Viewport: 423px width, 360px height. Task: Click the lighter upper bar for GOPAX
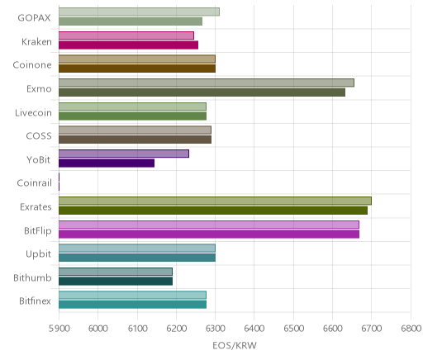pos(139,12)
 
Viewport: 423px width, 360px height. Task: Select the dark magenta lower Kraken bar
pos(128,45)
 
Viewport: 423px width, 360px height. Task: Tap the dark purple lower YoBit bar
pos(107,163)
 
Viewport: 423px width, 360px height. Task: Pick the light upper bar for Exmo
pos(207,83)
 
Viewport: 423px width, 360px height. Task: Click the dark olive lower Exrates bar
pos(213,211)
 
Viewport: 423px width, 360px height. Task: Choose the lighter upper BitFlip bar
pos(209,225)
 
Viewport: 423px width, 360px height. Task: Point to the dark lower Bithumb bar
pos(116,281)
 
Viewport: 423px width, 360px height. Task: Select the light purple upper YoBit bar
pos(124,154)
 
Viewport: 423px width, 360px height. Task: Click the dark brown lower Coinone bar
pos(137,69)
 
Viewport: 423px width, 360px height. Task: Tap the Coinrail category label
pos(34,182)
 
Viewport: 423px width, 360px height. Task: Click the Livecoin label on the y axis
pos(33,112)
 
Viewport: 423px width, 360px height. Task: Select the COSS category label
pos(39,136)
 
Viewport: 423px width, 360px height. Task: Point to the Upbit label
pos(38,254)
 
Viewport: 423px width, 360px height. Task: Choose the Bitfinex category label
pos(35,301)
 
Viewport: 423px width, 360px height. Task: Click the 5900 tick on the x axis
pos(59,329)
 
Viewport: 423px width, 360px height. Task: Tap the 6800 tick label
pos(411,329)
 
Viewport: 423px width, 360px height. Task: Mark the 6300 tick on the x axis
pos(216,329)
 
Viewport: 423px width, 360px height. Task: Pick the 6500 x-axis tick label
pos(293,329)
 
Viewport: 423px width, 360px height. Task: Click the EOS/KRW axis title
pos(235,345)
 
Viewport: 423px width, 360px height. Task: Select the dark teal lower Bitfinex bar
pos(132,305)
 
